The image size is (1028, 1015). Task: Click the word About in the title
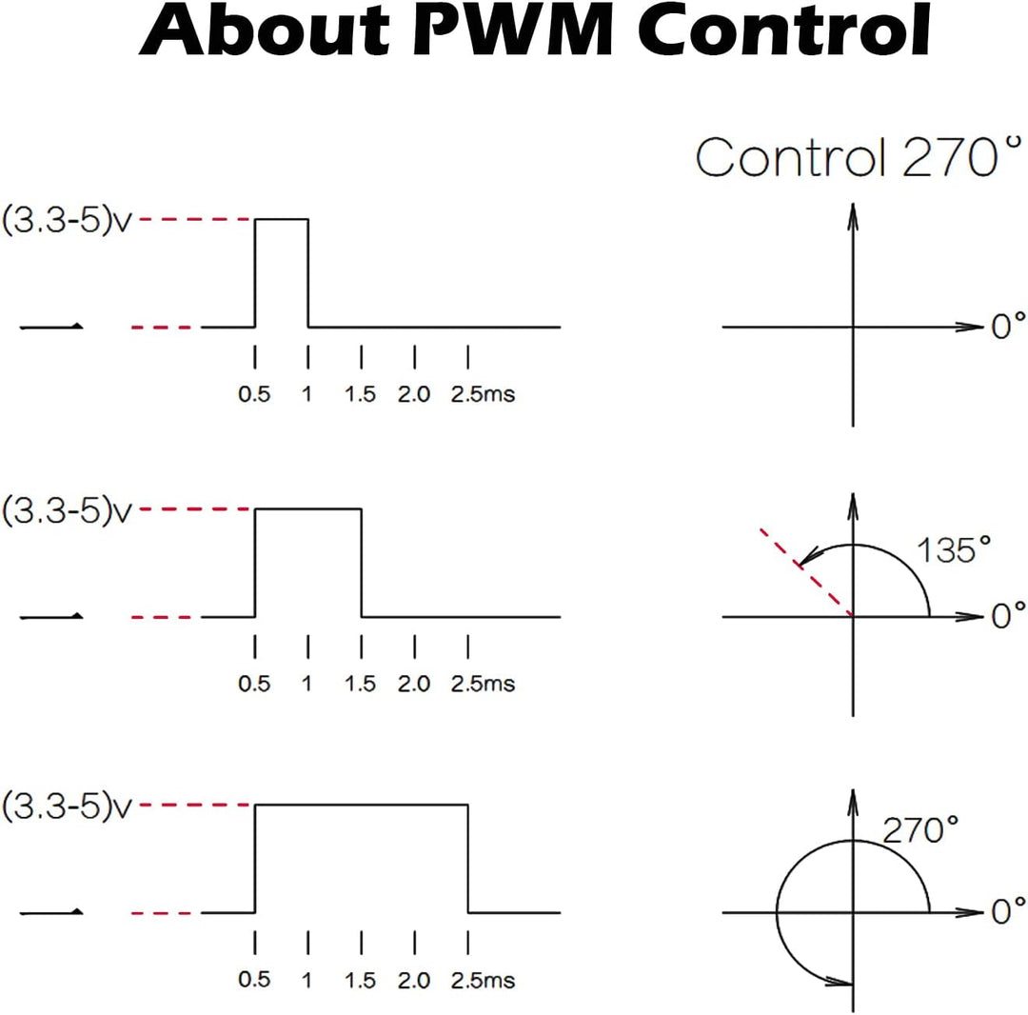[x=265, y=30]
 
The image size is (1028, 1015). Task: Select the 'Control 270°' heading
[x=859, y=157]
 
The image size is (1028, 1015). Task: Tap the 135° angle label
[x=954, y=549]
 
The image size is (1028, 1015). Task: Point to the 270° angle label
[x=920, y=830]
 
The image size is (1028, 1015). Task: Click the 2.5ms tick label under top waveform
[x=483, y=394]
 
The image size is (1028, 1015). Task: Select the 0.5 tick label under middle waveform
[x=254, y=684]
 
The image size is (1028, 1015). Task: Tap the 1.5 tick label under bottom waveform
[x=360, y=981]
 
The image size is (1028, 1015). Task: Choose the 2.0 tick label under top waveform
[x=414, y=394]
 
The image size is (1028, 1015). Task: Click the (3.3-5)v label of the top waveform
[x=67, y=220]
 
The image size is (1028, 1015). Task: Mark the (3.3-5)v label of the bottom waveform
[x=67, y=806]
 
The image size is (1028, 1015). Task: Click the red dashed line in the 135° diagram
[x=806, y=572]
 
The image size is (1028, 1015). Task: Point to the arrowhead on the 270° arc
[x=840, y=982]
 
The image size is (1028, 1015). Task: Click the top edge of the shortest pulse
[x=281, y=219]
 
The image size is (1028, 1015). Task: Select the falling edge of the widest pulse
[x=468, y=858]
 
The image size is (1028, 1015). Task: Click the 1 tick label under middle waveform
[x=306, y=684]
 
